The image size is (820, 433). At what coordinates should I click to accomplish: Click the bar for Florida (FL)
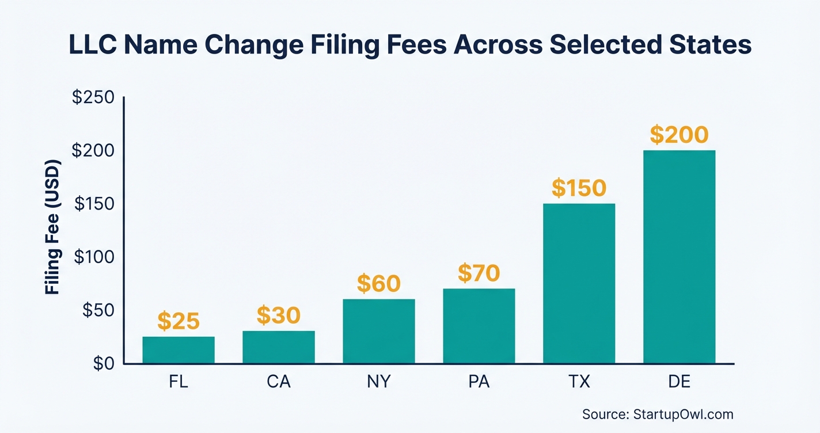click(179, 350)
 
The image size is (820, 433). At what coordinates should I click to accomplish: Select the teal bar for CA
click(279, 347)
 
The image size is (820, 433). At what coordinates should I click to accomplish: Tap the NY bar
click(378, 332)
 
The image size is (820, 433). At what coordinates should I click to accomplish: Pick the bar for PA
click(479, 326)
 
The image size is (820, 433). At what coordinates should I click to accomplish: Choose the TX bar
click(579, 283)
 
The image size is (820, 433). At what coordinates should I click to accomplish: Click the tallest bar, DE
click(679, 257)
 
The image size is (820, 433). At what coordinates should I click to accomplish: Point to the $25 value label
click(179, 322)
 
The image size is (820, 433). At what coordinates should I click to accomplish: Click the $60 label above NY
click(378, 284)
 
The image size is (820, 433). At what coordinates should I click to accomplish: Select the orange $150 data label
click(579, 188)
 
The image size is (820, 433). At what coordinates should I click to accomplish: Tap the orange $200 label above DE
click(679, 135)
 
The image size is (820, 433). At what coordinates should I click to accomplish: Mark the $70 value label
click(479, 274)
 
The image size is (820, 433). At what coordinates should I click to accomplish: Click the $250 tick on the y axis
click(93, 97)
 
